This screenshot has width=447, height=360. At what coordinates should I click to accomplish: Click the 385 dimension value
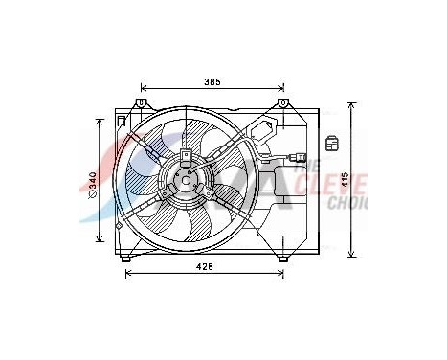[x=212, y=82]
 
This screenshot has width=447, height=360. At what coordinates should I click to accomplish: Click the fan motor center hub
[x=185, y=178]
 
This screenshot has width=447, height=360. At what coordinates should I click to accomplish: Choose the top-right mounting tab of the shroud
[x=282, y=103]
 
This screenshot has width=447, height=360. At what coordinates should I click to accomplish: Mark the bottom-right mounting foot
[x=282, y=257]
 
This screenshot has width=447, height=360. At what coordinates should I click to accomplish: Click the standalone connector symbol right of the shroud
[x=331, y=144]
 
